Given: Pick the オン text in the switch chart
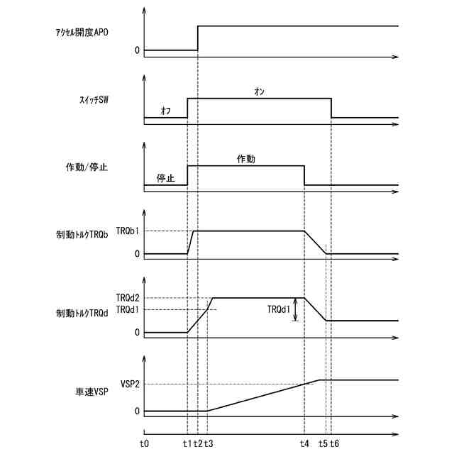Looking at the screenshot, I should point(259,90).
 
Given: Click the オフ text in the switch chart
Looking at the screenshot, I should point(166,111).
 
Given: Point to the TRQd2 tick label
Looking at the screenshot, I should point(128,298).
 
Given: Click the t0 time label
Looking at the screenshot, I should point(145,443).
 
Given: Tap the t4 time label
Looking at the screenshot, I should point(304,443).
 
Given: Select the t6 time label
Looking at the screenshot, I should point(334,443).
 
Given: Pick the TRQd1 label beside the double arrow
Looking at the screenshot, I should point(279,309).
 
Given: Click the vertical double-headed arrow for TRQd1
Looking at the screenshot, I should point(297,309).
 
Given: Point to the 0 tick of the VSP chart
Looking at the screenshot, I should point(136,411).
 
